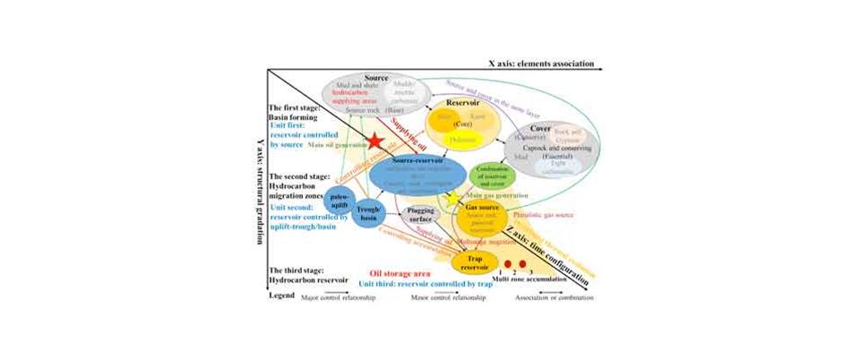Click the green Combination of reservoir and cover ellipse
point(493,174)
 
